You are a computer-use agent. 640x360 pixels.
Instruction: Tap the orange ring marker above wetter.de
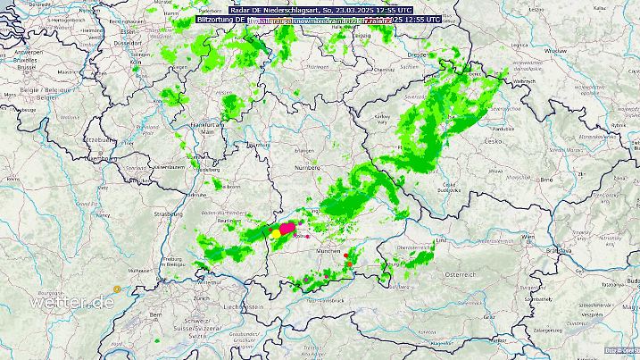point(116,288)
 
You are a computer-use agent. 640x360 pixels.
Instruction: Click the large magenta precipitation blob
point(287,230)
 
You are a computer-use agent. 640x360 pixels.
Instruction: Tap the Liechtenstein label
point(243,306)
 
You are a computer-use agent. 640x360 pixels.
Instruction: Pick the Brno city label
point(546,180)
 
